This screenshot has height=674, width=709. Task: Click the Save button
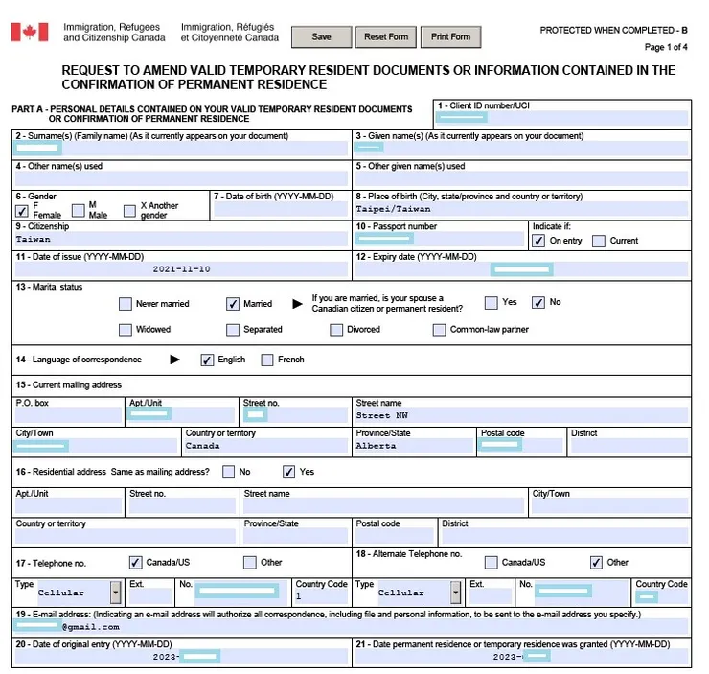[x=322, y=37]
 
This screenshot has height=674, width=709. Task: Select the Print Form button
[x=450, y=37]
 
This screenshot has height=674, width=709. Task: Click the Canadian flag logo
[x=30, y=33]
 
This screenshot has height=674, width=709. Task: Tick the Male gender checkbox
[x=79, y=210]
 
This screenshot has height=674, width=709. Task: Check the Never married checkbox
[x=126, y=304]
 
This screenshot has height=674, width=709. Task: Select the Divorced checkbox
[x=336, y=330]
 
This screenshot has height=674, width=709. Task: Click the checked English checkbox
[x=207, y=360]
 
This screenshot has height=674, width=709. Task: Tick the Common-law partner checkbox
[x=440, y=330]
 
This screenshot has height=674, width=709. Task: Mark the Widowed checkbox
[x=126, y=330]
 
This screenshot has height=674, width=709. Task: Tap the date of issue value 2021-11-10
[x=181, y=270]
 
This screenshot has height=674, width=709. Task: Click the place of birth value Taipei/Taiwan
[x=394, y=209]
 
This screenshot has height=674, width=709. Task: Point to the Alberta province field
[x=376, y=446]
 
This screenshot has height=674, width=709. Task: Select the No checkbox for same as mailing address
[x=228, y=472]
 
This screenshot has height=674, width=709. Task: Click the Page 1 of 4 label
[x=665, y=47]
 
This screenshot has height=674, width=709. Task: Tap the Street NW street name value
[x=381, y=416]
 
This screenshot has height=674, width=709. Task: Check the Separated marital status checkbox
[x=233, y=330]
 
